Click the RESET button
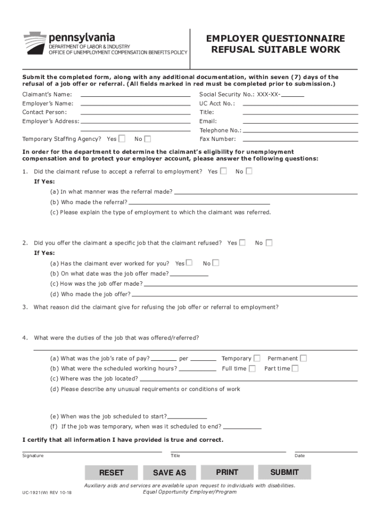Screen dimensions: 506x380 pos(111,473)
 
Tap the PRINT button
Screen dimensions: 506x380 pos(227,472)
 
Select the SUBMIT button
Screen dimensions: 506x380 pos(284,472)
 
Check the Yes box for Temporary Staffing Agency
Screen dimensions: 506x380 pos(122,139)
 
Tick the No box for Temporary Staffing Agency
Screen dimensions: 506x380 pos(148,139)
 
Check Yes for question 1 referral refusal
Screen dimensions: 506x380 pos(224,171)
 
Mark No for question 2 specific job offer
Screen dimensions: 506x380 pos(269,243)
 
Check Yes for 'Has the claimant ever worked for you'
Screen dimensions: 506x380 pos(190,263)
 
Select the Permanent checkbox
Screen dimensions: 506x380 pos(304,358)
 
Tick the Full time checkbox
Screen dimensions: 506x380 pos(252,369)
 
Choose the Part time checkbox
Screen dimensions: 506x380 pos(295,369)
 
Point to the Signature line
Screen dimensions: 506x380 pos(92,451)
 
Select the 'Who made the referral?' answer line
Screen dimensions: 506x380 pos(199,203)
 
